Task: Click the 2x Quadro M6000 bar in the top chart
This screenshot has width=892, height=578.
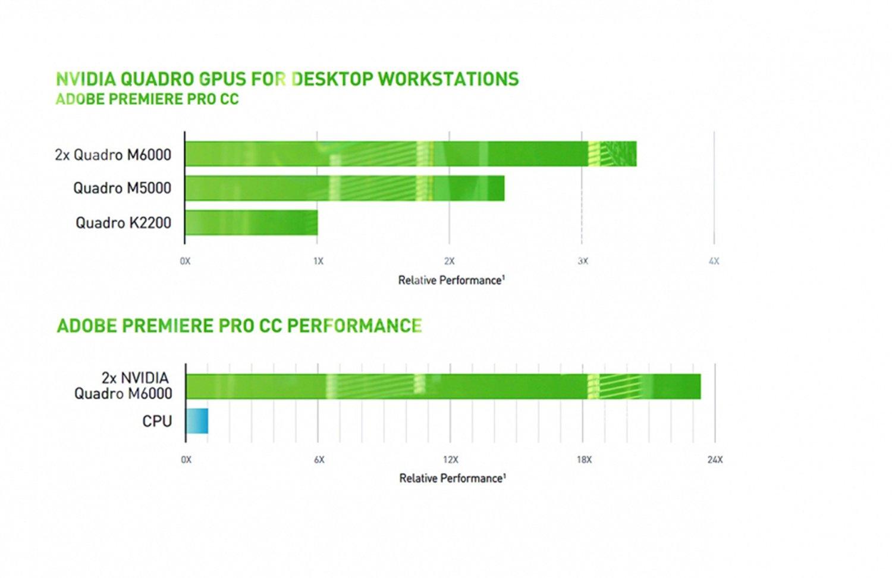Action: [410, 154]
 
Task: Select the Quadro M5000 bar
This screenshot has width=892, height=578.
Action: [344, 188]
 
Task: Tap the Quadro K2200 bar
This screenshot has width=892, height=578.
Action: [251, 222]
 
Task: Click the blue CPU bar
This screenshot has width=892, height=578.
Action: [197, 421]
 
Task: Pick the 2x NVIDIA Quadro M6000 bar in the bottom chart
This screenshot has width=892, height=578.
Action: [443, 387]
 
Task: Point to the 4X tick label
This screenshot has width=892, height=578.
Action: [714, 261]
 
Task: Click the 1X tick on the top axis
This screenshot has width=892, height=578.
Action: [318, 261]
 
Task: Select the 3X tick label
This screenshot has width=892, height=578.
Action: [583, 261]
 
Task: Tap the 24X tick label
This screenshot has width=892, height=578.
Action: [715, 460]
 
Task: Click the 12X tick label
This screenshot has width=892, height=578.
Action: [451, 460]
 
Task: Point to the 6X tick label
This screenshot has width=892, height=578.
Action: [319, 460]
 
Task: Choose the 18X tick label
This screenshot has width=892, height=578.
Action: [584, 460]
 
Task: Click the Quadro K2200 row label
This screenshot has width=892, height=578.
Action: [123, 223]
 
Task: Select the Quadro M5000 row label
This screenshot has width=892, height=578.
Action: [122, 189]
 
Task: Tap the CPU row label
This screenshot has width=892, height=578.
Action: [157, 422]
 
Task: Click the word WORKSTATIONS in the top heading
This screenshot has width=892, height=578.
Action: [448, 79]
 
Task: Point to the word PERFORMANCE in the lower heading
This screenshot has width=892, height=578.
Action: [354, 326]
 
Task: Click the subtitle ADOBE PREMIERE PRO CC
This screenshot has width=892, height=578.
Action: [147, 99]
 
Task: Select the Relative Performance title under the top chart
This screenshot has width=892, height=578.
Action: [451, 280]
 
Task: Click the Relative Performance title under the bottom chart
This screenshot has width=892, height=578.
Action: [453, 478]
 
